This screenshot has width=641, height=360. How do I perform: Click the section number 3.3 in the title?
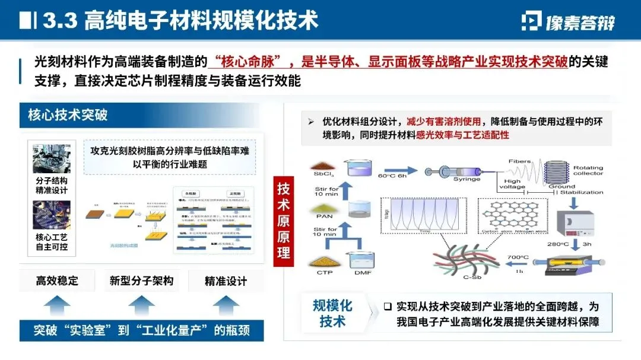60,21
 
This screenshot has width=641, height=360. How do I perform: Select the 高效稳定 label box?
57,281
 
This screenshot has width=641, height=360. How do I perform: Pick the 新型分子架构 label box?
141,281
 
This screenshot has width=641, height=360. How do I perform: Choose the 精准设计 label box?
226,281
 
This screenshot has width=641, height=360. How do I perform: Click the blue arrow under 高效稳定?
57,306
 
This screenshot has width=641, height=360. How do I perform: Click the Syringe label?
467,179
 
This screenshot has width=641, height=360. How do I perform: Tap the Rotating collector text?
588,170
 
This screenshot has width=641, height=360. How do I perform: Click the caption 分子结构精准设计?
52,186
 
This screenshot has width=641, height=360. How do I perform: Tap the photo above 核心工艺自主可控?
52,215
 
